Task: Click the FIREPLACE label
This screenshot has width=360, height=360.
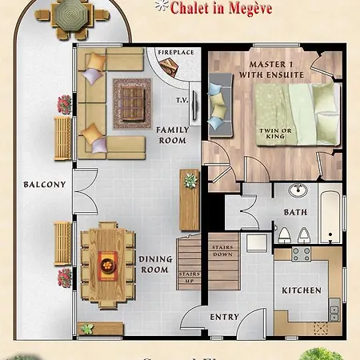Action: (174, 53)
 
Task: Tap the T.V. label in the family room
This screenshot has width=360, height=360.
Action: (182, 101)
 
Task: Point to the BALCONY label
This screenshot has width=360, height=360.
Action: (45, 185)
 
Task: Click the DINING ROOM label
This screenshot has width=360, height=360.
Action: (156, 265)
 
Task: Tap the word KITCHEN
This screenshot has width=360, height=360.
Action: (302, 290)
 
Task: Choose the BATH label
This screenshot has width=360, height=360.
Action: (295, 212)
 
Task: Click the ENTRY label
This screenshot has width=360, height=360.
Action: (225, 317)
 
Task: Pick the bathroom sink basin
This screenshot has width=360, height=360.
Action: (298, 190)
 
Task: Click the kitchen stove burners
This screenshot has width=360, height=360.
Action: (301, 255)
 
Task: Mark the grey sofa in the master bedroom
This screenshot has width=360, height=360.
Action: (218, 104)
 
